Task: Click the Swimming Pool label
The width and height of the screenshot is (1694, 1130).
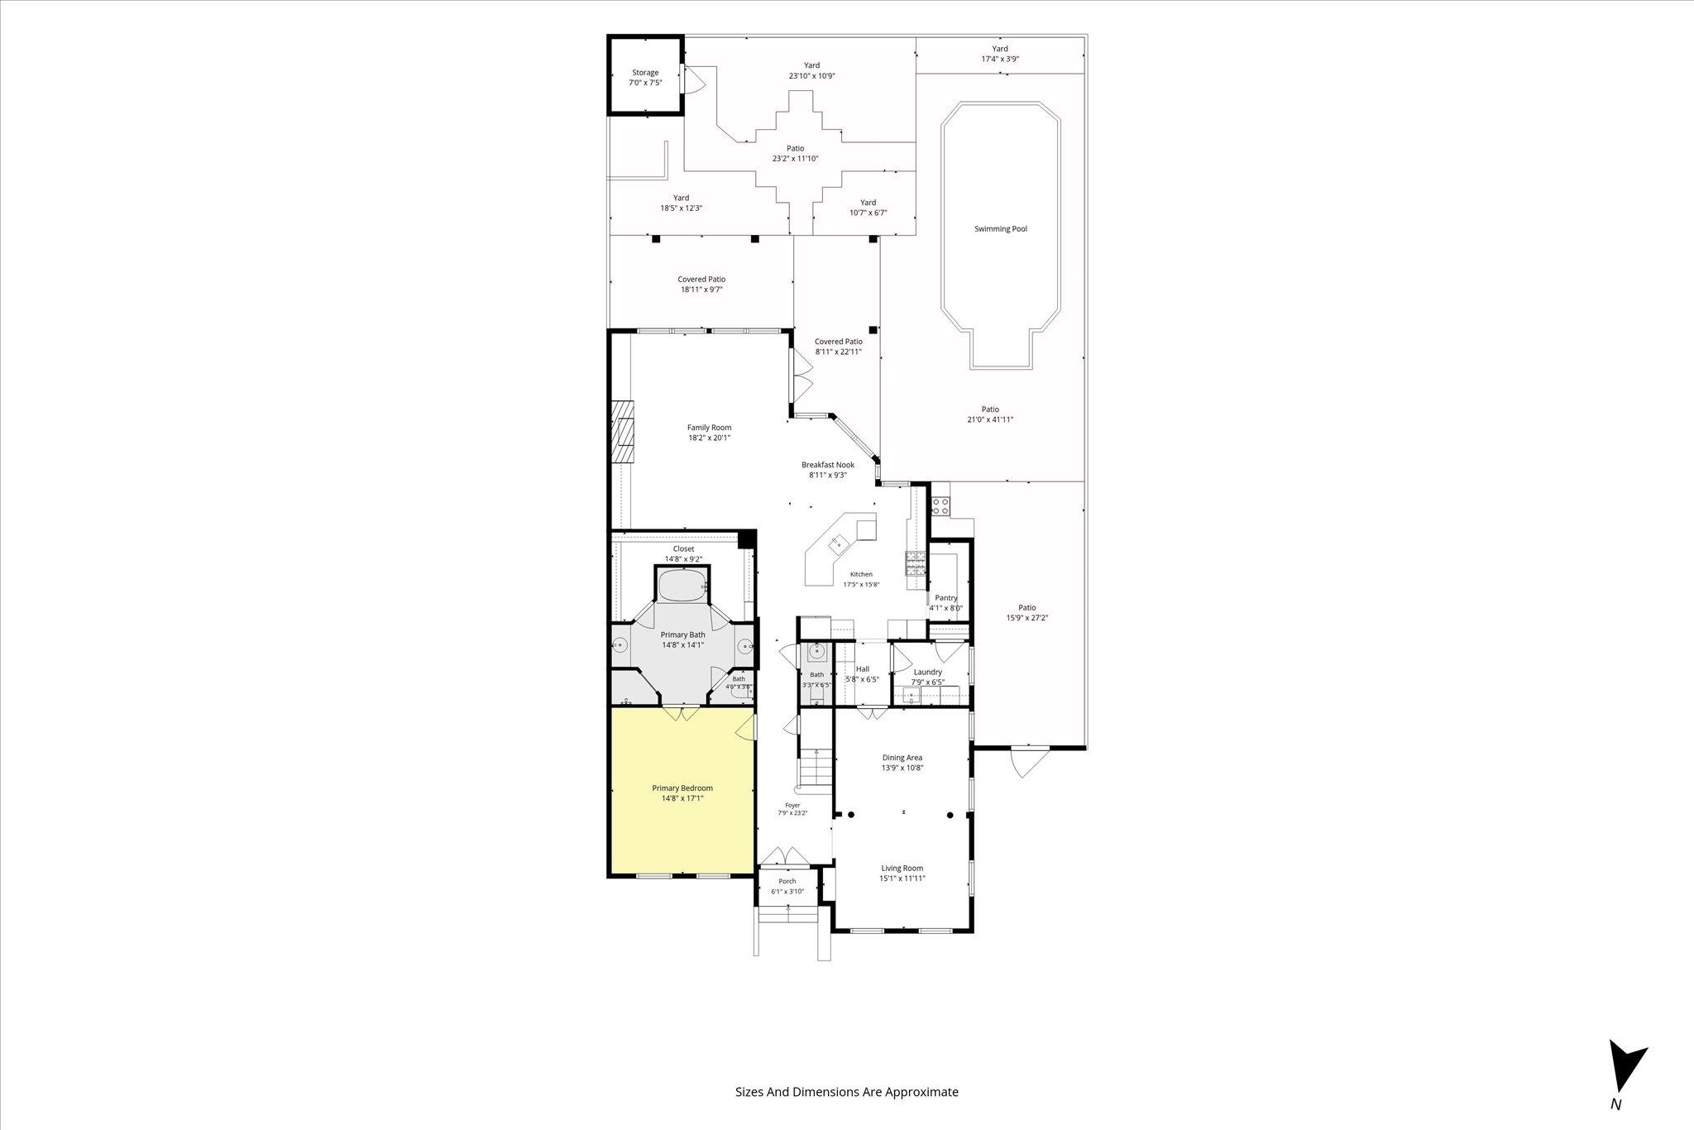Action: pos(1001,229)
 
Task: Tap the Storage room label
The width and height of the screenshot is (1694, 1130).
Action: pos(646,73)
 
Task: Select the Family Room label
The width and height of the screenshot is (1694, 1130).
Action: pos(710,428)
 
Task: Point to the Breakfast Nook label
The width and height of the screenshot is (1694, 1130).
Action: pos(828,465)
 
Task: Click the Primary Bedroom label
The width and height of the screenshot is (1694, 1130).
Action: pos(682,788)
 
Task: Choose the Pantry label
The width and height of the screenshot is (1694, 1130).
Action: pos(946,598)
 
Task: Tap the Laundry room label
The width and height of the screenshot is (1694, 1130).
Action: pos(928,673)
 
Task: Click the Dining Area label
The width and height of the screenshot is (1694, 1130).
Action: pos(902,758)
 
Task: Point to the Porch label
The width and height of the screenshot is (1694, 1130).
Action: pos(787,881)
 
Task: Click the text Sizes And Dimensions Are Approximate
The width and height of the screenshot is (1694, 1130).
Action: pos(847,1092)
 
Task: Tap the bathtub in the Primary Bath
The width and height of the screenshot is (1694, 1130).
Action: pos(682,586)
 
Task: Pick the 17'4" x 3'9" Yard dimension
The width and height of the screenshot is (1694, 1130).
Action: pos(1000,60)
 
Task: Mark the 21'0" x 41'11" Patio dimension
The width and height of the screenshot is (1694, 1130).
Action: pos(990,419)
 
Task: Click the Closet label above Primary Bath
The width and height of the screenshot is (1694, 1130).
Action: pos(683,548)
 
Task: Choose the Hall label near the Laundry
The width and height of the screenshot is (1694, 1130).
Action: pos(863,669)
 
